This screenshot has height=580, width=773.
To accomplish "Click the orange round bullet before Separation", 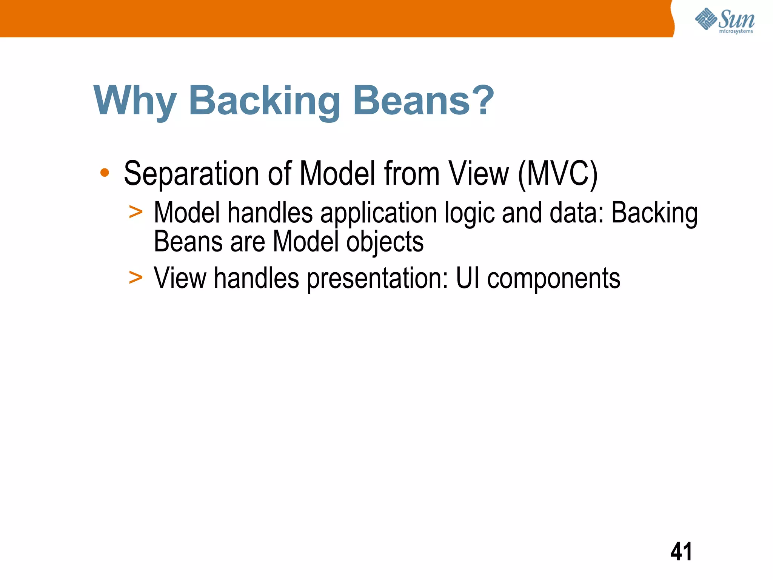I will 105,173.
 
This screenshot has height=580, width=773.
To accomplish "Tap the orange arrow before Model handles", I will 136,212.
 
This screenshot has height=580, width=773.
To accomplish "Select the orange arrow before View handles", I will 136,278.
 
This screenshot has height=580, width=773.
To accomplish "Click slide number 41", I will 681,552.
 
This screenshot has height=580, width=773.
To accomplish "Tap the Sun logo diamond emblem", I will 706,19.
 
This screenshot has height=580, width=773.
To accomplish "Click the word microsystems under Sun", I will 736,31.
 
